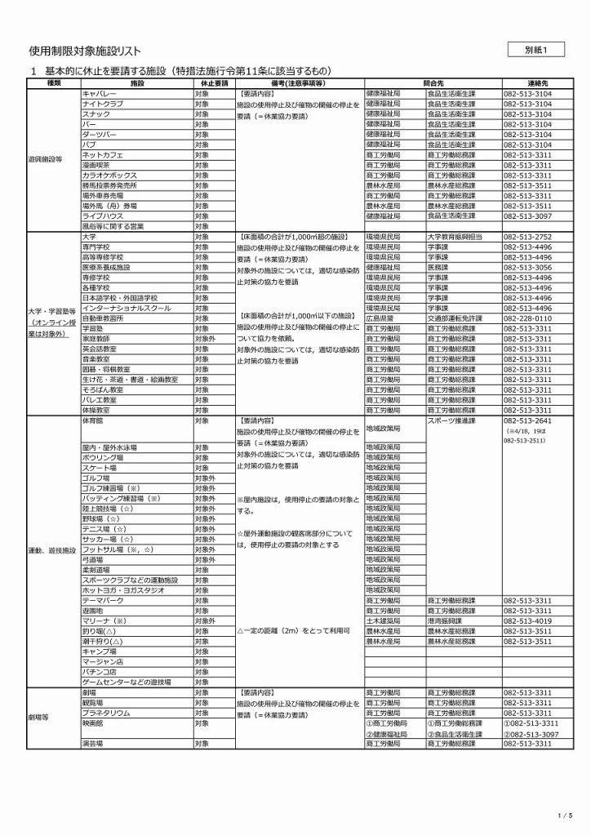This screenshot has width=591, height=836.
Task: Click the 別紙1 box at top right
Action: [x=540, y=51]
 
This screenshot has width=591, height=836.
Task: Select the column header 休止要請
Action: [x=213, y=84]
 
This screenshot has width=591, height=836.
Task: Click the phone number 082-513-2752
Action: [x=528, y=237]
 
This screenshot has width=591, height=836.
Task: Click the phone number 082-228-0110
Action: [x=528, y=318]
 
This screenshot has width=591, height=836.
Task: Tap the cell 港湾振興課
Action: [x=445, y=620]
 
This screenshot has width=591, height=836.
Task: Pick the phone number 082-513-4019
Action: [x=528, y=620]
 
